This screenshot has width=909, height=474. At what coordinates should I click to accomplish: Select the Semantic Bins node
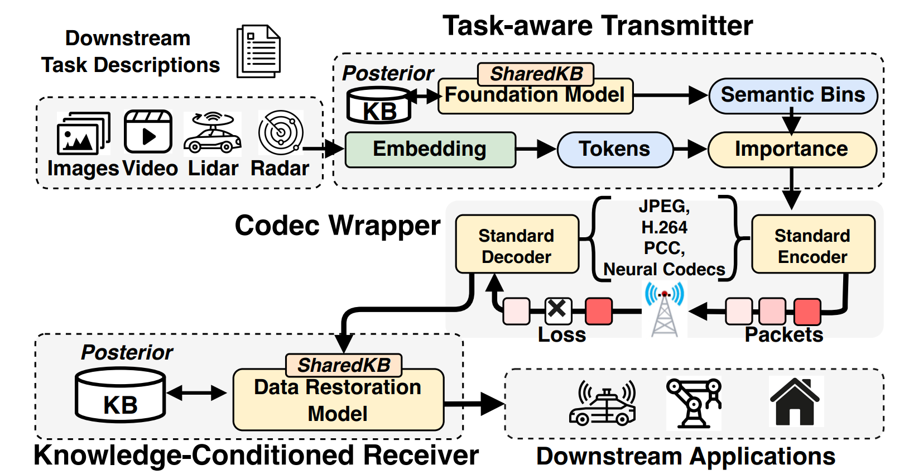tap(792, 95)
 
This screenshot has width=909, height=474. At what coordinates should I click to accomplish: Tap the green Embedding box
tap(430, 150)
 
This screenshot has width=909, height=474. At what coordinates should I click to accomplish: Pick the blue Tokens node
tap(614, 150)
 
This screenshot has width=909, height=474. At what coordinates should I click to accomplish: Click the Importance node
tap(791, 150)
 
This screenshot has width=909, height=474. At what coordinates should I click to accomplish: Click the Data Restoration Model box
tap(338, 400)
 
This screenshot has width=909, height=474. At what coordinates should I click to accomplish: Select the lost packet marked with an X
tap(557, 310)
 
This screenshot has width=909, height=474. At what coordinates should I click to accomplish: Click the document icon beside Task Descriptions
tap(259, 51)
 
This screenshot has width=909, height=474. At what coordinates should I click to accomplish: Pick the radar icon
tap(281, 133)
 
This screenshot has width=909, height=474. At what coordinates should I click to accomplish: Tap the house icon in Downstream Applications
tap(795, 402)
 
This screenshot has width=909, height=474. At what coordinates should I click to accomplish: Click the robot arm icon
tap(694, 402)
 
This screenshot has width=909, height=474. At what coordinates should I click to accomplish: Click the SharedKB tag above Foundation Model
tap(536, 73)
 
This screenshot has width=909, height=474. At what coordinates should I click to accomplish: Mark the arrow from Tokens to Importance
tap(690, 150)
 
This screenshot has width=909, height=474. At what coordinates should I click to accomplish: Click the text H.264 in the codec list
tap(664, 227)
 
